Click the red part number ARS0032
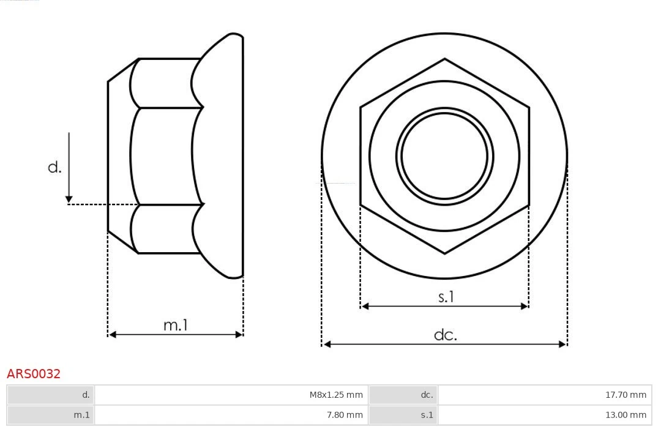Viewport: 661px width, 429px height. [x=34, y=374]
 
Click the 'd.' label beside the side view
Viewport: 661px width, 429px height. [x=55, y=167]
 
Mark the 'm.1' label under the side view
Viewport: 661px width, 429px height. [x=175, y=325]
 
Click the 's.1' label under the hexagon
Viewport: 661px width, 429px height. [x=446, y=297]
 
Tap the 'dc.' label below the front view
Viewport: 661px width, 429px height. [x=445, y=335]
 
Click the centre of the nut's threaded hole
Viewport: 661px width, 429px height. [x=444, y=156]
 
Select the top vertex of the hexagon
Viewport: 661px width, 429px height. [x=444, y=59]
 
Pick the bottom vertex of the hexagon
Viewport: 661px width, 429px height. [x=444, y=253]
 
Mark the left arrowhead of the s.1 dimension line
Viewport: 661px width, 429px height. [x=365, y=306]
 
